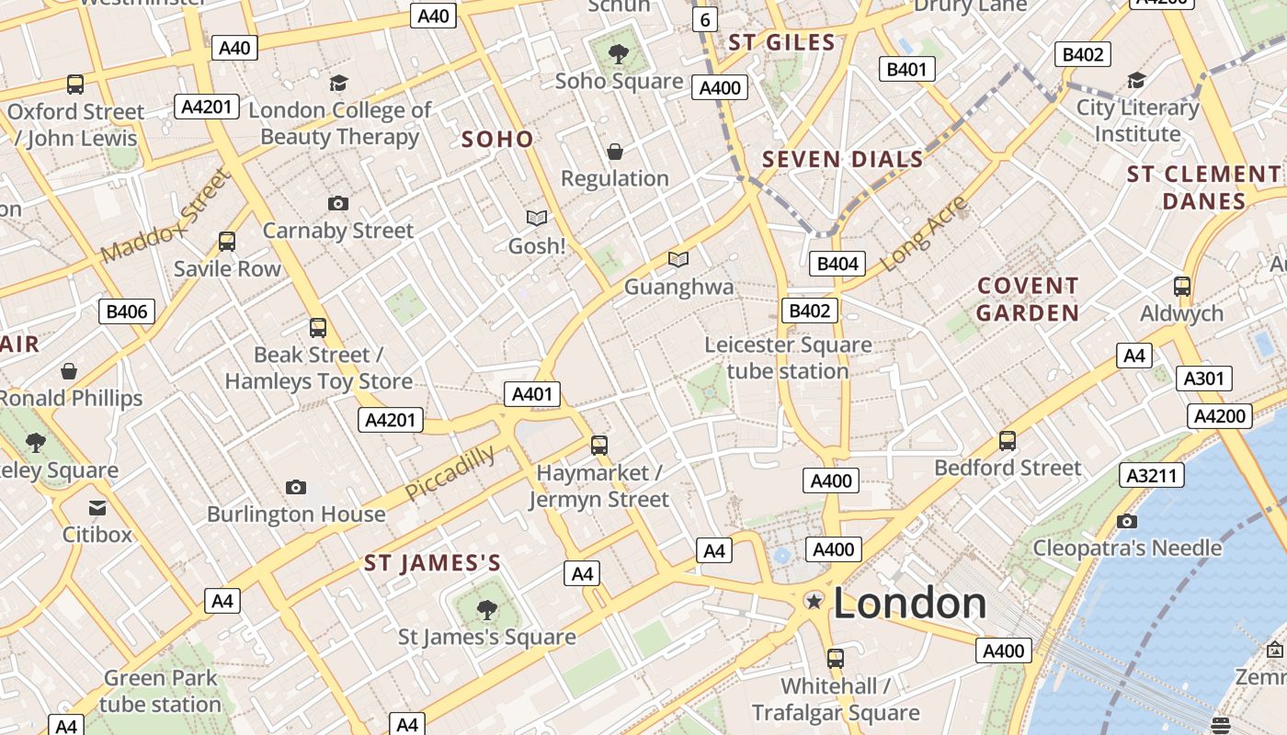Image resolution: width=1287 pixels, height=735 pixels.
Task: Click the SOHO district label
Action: click(497, 140)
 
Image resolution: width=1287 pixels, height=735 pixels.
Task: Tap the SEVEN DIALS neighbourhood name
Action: click(842, 160)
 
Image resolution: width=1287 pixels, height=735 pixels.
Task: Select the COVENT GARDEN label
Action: click(1028, 300)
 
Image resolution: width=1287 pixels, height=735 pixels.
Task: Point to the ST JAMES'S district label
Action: click(432, 563)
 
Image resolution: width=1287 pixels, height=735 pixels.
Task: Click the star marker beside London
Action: click(814, 601)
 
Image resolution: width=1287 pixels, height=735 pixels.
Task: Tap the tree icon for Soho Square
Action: click(619, 54)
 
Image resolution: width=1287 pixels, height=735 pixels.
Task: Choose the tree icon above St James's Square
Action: click(487, 609)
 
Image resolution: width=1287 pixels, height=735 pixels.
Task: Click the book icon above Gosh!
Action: click(537, 219)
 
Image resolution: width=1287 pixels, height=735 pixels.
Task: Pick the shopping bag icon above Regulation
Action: click(615, 152)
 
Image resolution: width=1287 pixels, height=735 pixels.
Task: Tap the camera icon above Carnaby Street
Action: click(338, 204)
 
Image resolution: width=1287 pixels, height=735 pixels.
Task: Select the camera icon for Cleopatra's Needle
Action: click(1127, 522)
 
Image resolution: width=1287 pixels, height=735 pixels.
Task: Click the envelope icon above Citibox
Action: click(97, 508)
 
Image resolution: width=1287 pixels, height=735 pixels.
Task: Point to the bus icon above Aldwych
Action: click(1182, 287)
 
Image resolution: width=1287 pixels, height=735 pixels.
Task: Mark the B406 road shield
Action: click(127, 311)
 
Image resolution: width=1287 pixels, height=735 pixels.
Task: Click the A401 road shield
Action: click(532, 395)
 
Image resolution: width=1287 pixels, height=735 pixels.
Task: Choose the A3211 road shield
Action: click(1151, 475)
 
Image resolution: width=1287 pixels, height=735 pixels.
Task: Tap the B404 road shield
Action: click(837, 265)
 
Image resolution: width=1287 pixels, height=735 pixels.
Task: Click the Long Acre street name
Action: click(925, 233)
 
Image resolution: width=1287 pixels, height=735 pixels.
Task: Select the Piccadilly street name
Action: click(450, 472)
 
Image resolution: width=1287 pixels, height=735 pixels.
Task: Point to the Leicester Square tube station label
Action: click(788, 358)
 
